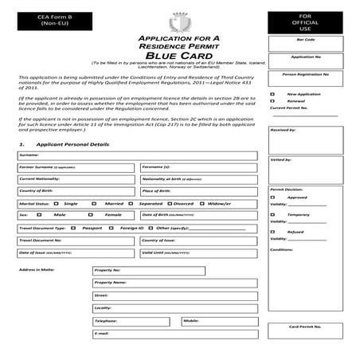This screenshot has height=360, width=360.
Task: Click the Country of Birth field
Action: coord(76,191)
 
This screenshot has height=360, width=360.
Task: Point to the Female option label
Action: coord(114,215)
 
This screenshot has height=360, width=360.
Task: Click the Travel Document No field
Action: coord(76,240)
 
